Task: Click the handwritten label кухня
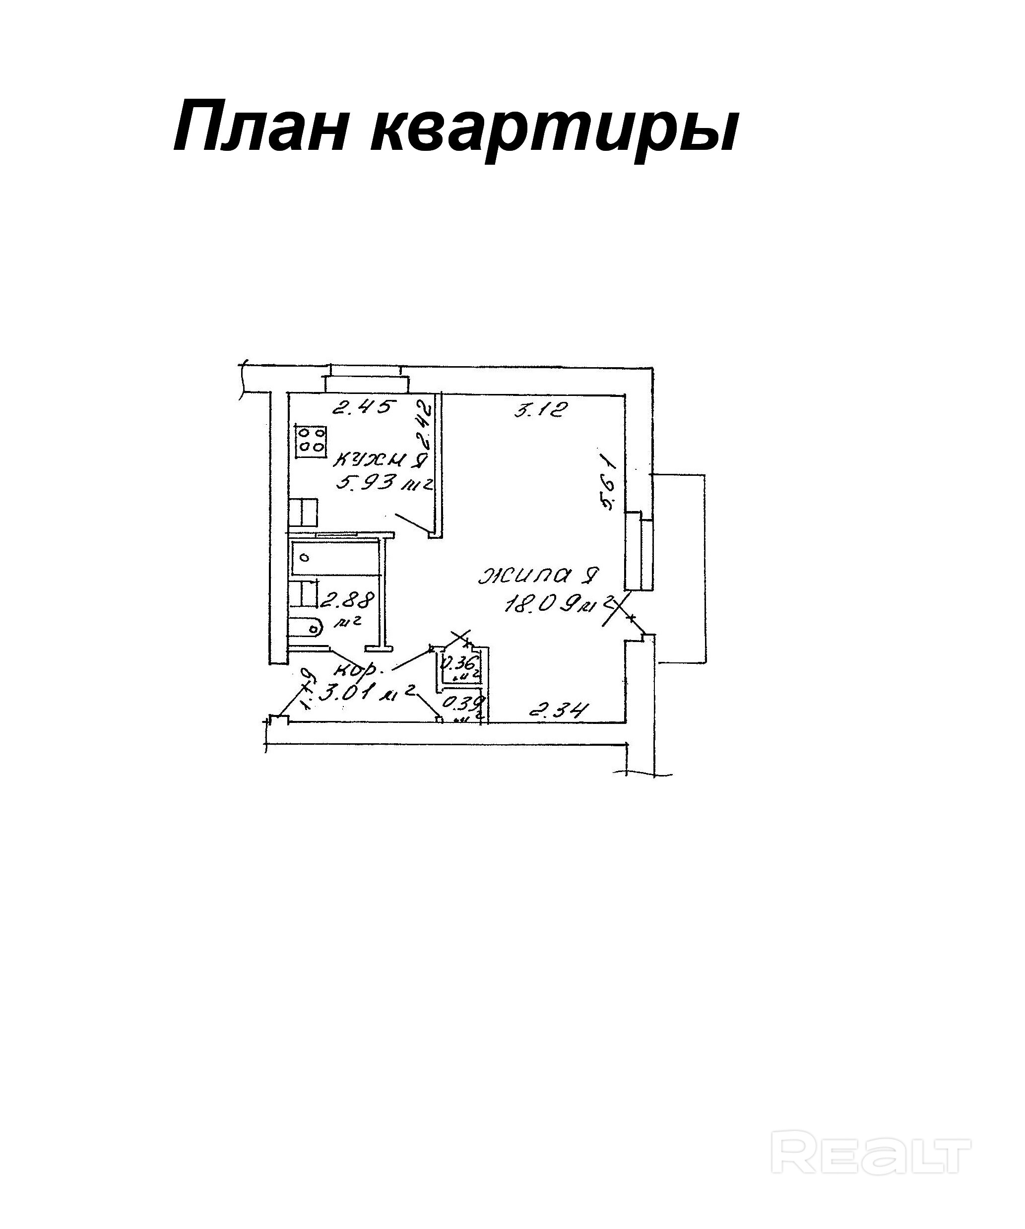379,460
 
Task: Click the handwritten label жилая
538,576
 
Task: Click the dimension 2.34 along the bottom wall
558,710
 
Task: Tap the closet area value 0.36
459,664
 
